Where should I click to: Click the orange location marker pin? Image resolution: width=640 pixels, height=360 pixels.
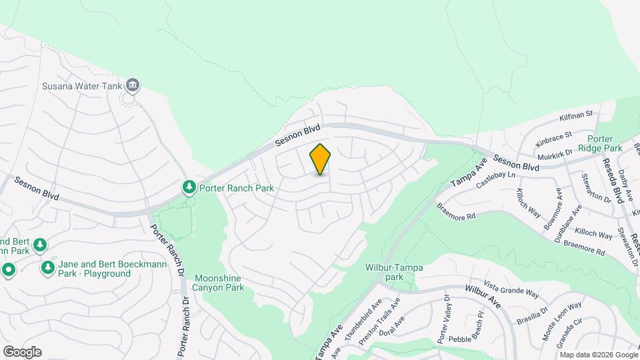[320, 159]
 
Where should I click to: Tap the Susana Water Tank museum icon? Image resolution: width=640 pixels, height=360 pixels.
[133, 85]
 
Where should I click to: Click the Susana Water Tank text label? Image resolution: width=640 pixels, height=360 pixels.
[81, 85]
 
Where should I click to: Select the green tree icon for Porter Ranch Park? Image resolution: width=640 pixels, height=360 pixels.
[190, 188]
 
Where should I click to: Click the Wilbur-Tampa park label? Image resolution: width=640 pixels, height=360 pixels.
[394, 271]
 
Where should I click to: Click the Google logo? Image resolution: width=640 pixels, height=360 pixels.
[22, 352]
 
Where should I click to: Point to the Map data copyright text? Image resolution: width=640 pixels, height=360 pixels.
[598, 355]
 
